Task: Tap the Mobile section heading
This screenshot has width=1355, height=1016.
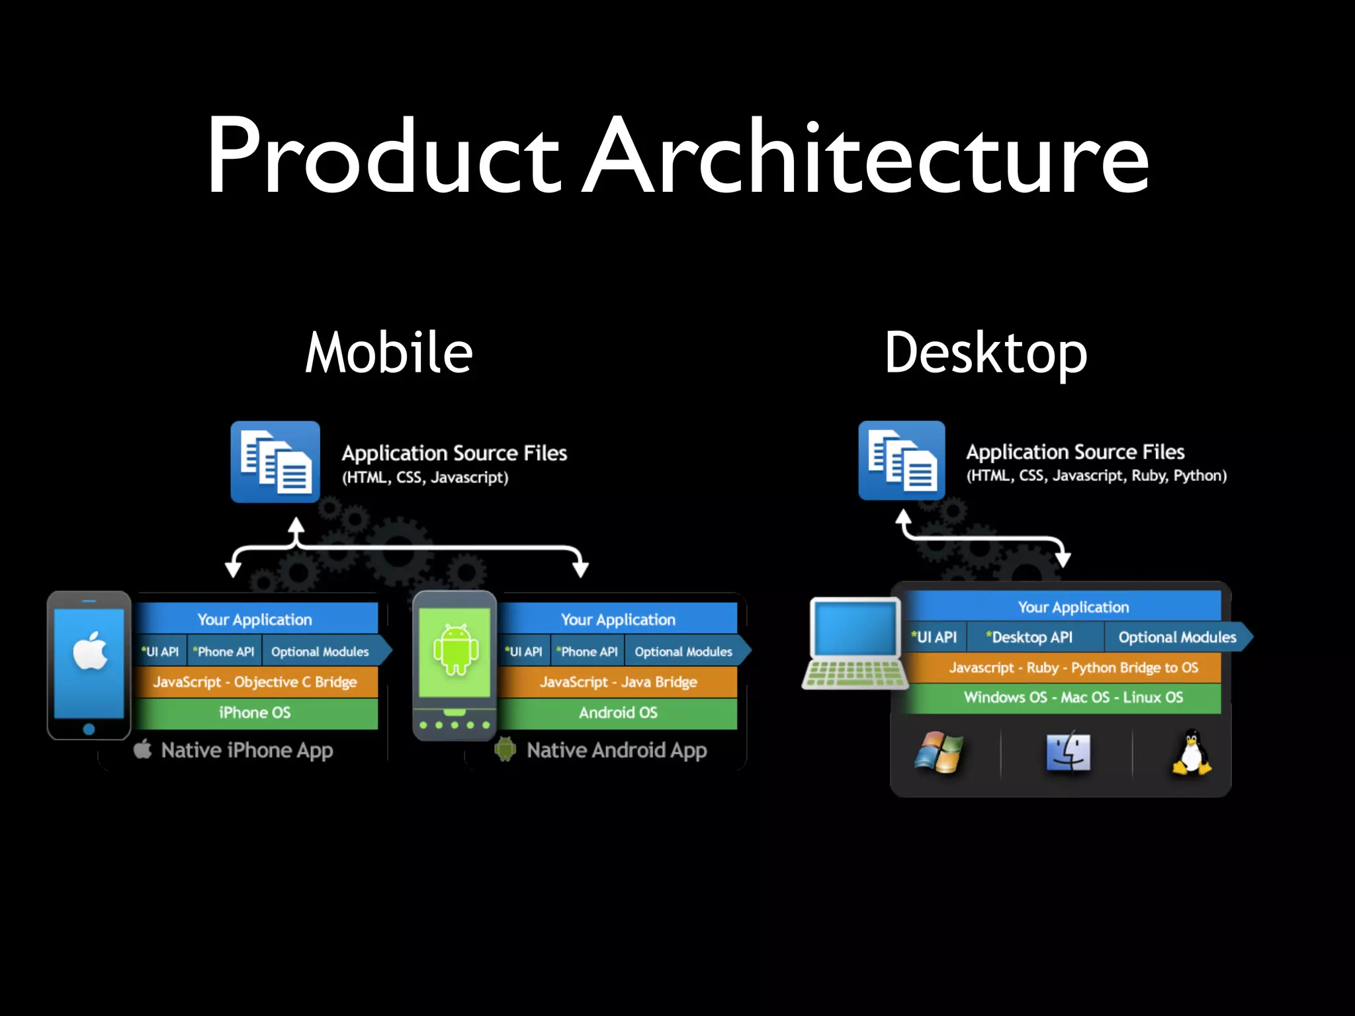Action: point(389,353)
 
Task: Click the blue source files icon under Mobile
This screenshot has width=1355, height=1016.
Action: point(275,462)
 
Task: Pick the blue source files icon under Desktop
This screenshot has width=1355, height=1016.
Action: point(901,460)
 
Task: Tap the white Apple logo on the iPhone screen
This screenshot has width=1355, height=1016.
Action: point(90,651)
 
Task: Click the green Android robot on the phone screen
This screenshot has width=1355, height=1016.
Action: point(455,650)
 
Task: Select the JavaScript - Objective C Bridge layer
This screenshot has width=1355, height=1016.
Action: point(255,682)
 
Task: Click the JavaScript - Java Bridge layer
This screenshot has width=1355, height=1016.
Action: point(618,682)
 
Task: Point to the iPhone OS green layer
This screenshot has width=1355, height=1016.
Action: point(255,712)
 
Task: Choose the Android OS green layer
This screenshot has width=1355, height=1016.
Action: point(618,712)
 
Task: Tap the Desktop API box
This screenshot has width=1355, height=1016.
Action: point(1033,637)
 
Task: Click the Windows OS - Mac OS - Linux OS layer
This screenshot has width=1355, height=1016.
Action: point(1072,697)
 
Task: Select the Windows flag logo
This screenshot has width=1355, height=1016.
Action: point(938,752)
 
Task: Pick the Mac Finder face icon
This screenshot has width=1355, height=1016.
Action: point(1068,752)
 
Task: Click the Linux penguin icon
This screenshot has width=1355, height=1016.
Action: point(1191,752)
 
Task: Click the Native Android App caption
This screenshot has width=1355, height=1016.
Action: point(617,750)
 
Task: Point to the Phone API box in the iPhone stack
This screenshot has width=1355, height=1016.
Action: point(225,652)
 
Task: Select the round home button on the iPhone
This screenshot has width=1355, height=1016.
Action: point(89,729)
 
